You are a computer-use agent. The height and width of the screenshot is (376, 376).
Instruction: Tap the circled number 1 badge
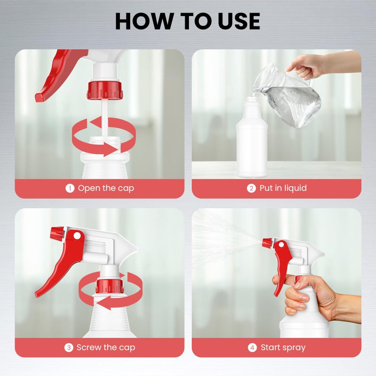click(x=70, y=188)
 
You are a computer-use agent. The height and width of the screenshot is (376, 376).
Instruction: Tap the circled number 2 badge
click(x=251, y=188)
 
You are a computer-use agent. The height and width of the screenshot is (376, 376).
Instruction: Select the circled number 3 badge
click(x=69, y=347)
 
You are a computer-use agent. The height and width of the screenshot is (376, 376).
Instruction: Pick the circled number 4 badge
click(x=252, y=347)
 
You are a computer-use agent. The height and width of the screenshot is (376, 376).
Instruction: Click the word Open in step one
click(x=89, y=188)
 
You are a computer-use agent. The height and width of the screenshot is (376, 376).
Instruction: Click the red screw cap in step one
click(x=105, y=90)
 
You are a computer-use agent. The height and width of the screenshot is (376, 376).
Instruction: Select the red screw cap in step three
click(x=110, y=286)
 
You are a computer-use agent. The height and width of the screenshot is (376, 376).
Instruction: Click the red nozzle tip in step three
click(x=57, y=234)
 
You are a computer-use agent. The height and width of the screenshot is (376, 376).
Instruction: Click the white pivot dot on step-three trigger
click(x=77, y=236)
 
